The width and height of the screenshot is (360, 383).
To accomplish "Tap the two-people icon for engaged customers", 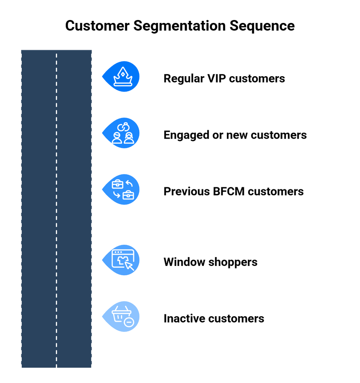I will [123, 133].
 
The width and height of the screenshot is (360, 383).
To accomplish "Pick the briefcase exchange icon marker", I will [123, 189].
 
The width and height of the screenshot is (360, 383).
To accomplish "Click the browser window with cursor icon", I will [123, 260].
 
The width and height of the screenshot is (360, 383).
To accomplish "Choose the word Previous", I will [186, 191].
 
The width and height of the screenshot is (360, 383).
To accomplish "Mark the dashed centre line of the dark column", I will [56, 209].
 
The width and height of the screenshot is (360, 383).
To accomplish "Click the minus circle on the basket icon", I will [129, 322].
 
